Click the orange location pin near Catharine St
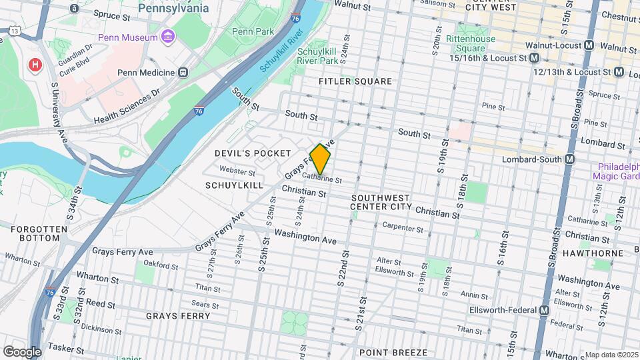(321, 159)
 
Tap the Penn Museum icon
(167, 36)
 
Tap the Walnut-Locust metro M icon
(589, 46)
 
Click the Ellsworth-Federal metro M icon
(545, 310)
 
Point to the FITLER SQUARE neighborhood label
(355, 81)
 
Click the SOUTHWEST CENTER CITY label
(380, 203)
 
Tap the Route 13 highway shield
(13, 31)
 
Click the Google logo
(22, 351)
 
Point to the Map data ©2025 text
(611, 355)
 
